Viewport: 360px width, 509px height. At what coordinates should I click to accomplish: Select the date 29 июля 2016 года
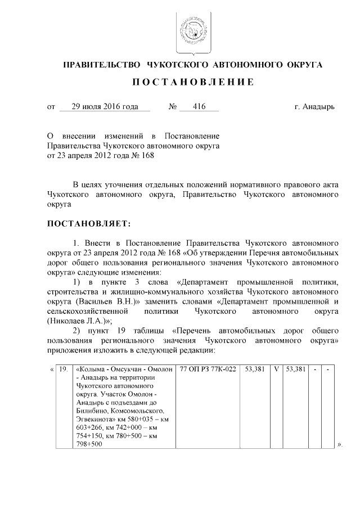coord(105,106)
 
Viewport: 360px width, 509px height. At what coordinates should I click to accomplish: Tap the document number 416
coord(199,106)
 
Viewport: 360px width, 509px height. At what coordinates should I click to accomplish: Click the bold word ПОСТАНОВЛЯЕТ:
coord(88,224)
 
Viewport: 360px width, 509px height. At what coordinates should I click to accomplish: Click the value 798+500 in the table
coord(88,445)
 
